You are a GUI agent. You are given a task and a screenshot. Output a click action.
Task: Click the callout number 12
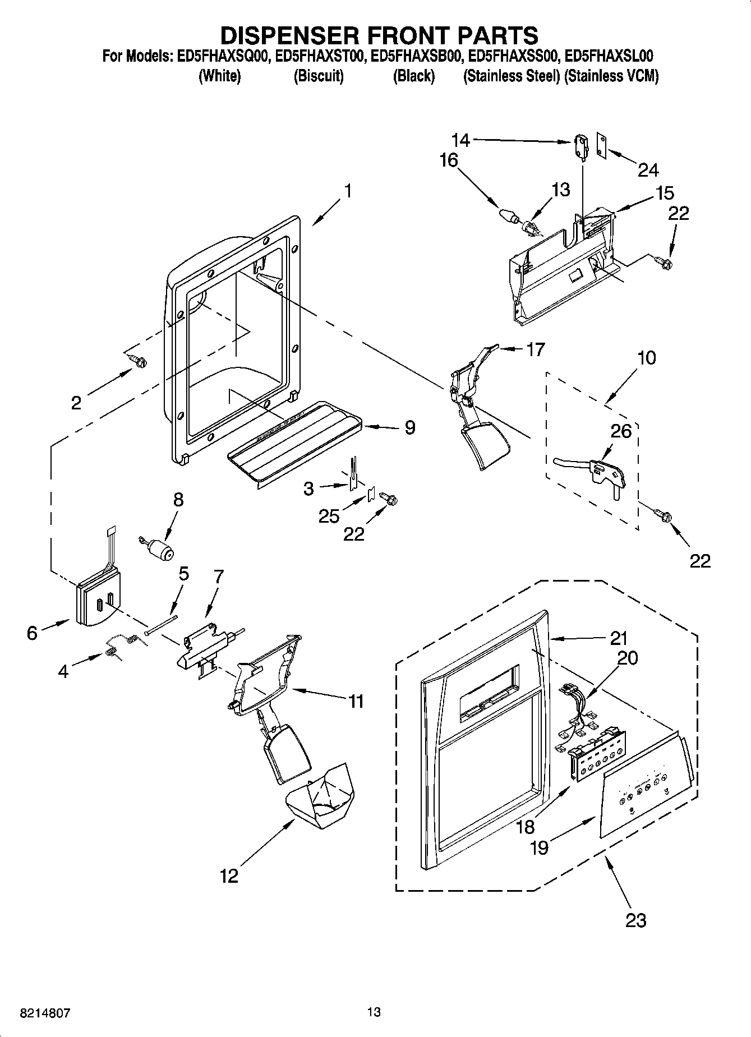pos(229,875)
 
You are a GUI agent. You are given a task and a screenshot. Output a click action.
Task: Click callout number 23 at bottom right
pos(636,920)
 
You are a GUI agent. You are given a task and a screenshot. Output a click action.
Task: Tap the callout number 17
pos(535,349)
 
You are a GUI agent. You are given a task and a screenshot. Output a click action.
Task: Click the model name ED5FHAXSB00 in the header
pos(415,56)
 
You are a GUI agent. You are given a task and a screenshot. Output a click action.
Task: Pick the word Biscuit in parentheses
pos(319,76)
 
